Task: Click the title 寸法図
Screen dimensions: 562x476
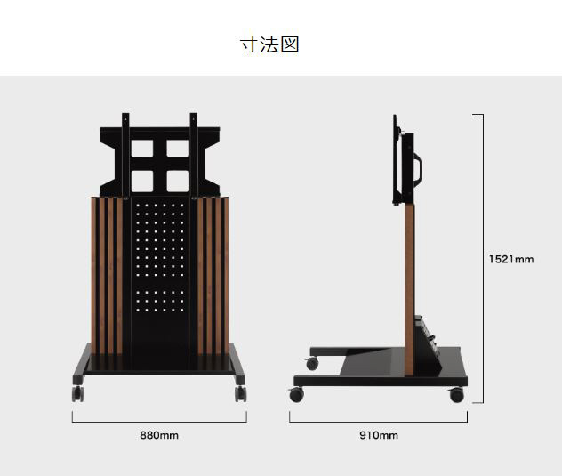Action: pos(269,44)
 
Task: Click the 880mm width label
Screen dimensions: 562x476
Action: pos(159,435)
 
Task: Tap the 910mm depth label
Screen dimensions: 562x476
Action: pos(379,435)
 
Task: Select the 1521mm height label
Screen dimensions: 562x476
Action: pos(511,259)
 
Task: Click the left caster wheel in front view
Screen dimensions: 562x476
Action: pos(77,393)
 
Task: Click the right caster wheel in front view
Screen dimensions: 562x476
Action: pos(240,393)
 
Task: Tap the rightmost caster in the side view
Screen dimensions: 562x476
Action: pos(457,394)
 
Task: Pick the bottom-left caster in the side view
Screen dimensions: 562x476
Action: pos(296,394)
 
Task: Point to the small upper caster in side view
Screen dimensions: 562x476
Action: pos(312,364)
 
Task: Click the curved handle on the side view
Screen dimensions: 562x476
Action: pos(418,169)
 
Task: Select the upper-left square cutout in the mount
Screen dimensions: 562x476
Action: pos(142,149)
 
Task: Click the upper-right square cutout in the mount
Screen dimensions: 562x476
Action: pos(178,149)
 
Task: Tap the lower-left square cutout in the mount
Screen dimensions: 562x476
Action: pos(142,181)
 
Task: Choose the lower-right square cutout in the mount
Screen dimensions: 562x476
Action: pos(178,181)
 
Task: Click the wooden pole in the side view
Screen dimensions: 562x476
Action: pos(409,290)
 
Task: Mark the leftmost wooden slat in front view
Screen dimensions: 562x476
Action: pos(93,276)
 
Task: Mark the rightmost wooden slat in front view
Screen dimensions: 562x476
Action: pos(226,276)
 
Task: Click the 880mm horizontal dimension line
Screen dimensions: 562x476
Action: pos(159,422)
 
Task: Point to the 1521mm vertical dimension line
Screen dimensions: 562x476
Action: pos(483,258)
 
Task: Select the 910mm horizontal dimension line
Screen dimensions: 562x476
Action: pos(379,422)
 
